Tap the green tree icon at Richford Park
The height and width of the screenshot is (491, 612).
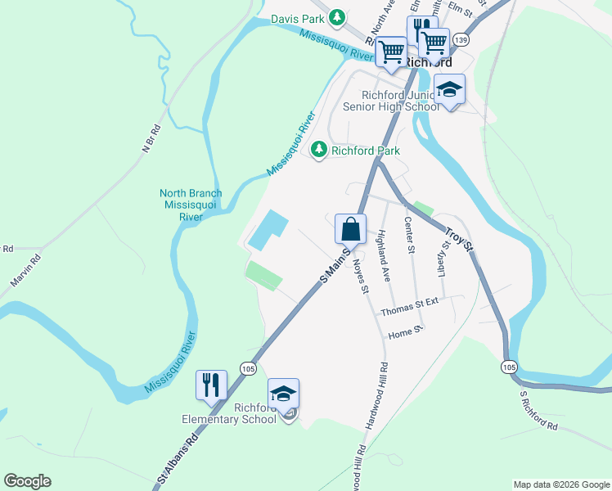point(318,150)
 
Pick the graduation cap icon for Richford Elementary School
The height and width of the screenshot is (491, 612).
point(284,394)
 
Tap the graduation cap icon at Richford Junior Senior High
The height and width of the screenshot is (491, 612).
point(449,89)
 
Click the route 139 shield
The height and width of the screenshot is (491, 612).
point(461,39)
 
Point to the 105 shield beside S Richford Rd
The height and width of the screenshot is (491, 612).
point(509,366)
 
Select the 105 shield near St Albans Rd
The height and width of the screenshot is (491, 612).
point(248,369)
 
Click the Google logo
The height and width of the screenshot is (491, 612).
point(27,481)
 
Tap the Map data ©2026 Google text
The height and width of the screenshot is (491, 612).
point(560,484)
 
